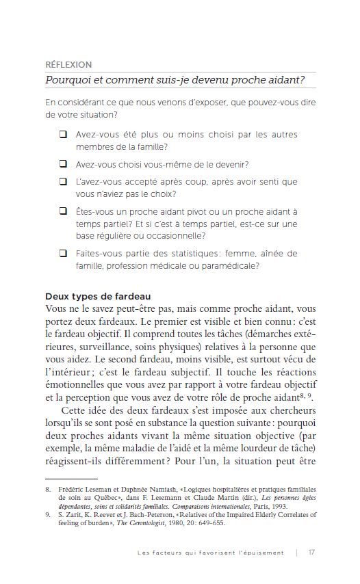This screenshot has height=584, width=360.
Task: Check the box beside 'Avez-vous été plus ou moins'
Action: click(63, 135)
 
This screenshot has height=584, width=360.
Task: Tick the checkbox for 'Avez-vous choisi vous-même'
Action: click(63, 164)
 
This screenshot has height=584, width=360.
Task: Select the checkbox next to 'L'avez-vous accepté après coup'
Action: click(63, 182)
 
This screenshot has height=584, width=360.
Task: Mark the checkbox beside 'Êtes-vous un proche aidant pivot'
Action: click(63, 212)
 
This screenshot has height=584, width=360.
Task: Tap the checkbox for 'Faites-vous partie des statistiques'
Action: click(63, 254)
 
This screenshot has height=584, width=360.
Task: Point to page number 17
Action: click(311, 553)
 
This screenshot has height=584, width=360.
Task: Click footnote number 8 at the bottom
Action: click(47, 490)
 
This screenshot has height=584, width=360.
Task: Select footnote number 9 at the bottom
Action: click(47, 514)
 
